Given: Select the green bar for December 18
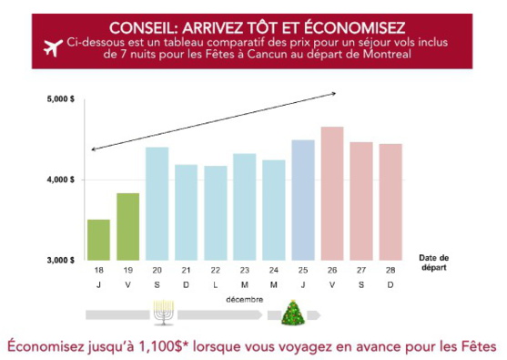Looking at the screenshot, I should [x=98, y=240].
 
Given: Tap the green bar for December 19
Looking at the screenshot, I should [x=127, y=227].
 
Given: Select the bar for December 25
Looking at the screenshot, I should [x=303, y=200].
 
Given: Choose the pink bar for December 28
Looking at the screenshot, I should [x=390, y=201].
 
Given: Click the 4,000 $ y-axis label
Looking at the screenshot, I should [x=61, y=180].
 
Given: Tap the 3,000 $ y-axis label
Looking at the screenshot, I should [x=61, y=261].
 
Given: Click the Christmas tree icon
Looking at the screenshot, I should [x=292, y=314].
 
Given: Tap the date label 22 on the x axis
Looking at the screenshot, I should [x=215, y=271].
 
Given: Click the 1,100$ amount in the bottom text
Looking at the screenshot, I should [x=157, y=346].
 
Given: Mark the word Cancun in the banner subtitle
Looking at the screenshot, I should [x=317, y=57].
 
